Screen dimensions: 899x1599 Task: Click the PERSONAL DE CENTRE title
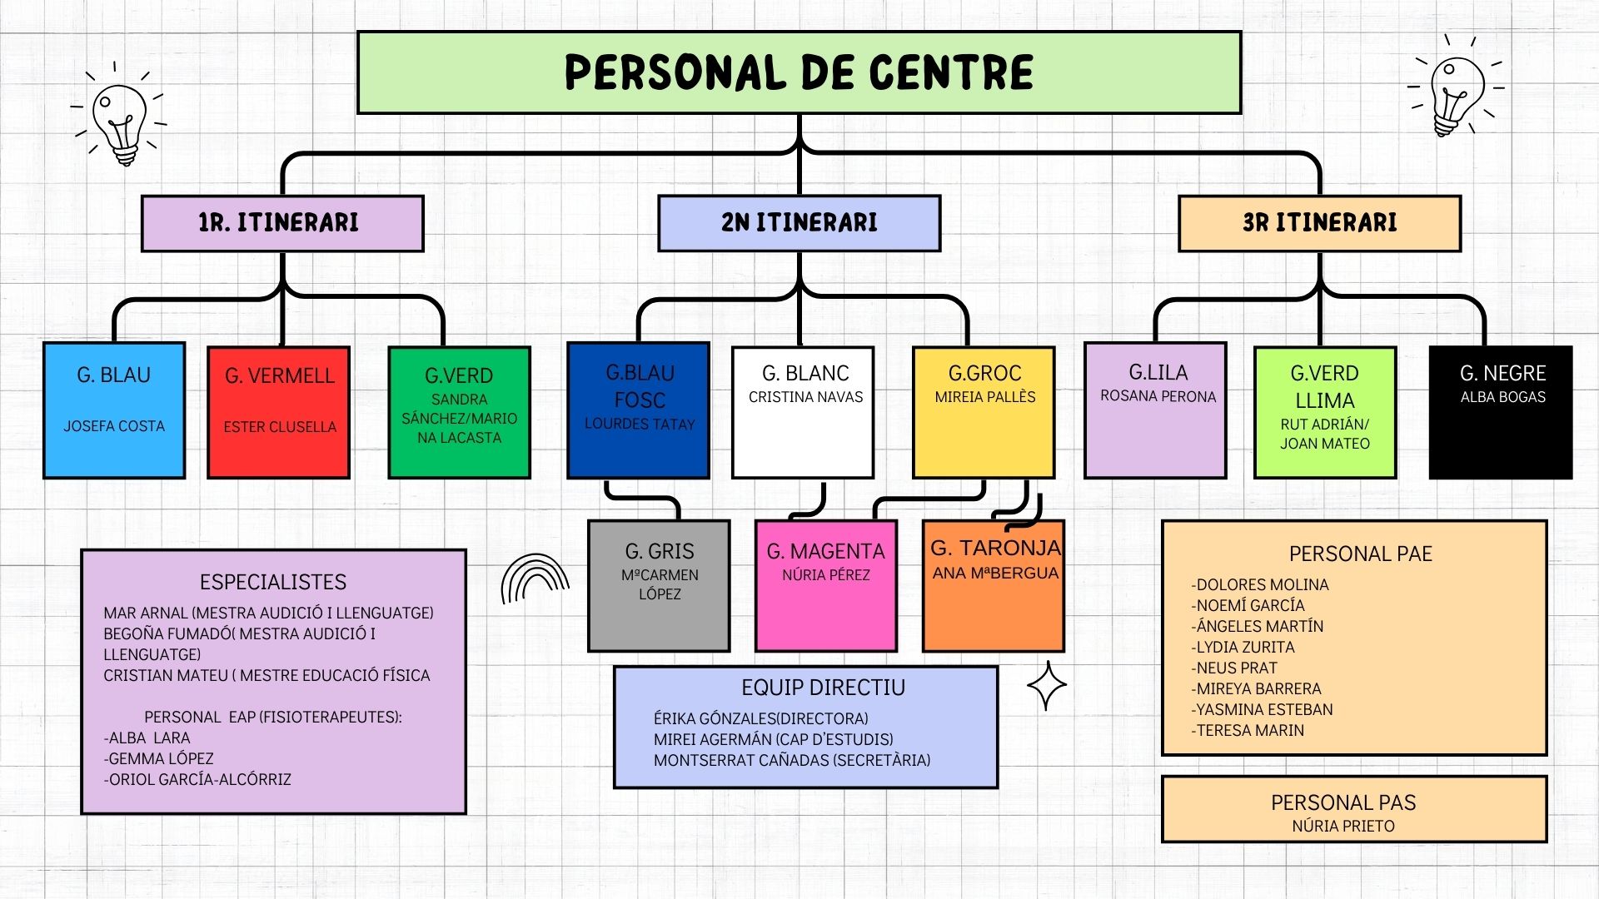(x=799, y=72)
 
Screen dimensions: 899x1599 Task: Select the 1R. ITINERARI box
(x=282, y=223)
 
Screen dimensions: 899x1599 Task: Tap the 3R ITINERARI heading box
(x=1319, y=223)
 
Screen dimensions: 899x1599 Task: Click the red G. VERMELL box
(x=279, y=413)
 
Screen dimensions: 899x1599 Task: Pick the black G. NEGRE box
(x=1501, y=413)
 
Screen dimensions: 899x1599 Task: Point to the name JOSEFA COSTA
(x=114, y=426)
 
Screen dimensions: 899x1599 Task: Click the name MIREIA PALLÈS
(x=984, y=397)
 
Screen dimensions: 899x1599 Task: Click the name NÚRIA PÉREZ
(x=825, y=575)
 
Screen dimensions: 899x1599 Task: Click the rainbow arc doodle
(x=534, y=579)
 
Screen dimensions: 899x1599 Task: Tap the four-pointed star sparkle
(x=1046, y=686)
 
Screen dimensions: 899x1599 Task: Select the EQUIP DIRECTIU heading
(x=823, y=688)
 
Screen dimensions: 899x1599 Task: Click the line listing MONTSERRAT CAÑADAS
(x=791, y=760)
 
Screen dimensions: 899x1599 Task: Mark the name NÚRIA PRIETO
(x=1342, y=826)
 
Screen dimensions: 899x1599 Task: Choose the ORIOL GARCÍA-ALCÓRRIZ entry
(x=198, y=780)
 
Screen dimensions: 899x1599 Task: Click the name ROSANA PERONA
(x=1158, y=396)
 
